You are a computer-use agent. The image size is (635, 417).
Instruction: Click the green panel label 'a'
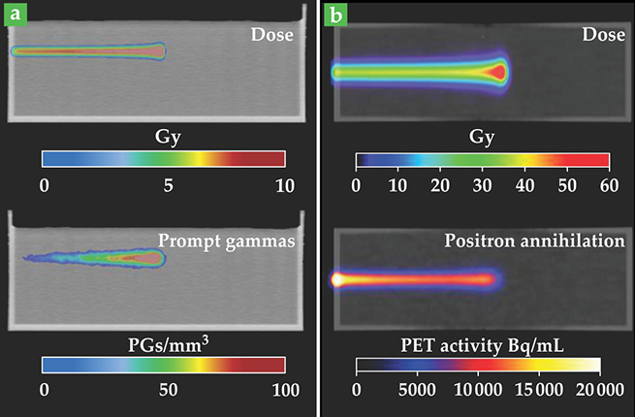point(15,16)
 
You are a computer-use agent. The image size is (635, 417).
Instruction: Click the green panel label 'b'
point(334,16)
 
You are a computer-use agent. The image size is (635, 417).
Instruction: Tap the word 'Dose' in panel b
point(602,35)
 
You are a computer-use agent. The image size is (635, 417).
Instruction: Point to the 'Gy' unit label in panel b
point(481,137)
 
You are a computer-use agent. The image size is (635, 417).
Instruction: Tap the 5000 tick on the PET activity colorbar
point(415,391)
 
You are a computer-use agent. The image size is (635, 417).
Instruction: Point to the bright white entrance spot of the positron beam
point(337,279)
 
